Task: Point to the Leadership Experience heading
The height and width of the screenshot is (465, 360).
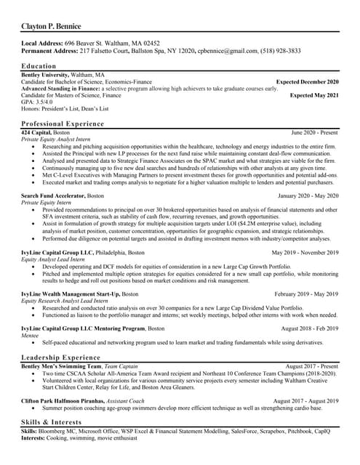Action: tap(60, 358)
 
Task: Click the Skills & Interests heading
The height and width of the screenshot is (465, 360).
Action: tap(50, 421)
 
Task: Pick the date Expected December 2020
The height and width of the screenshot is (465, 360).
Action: tap(307, 82)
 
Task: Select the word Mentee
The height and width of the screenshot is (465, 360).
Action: tap(32, 335)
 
